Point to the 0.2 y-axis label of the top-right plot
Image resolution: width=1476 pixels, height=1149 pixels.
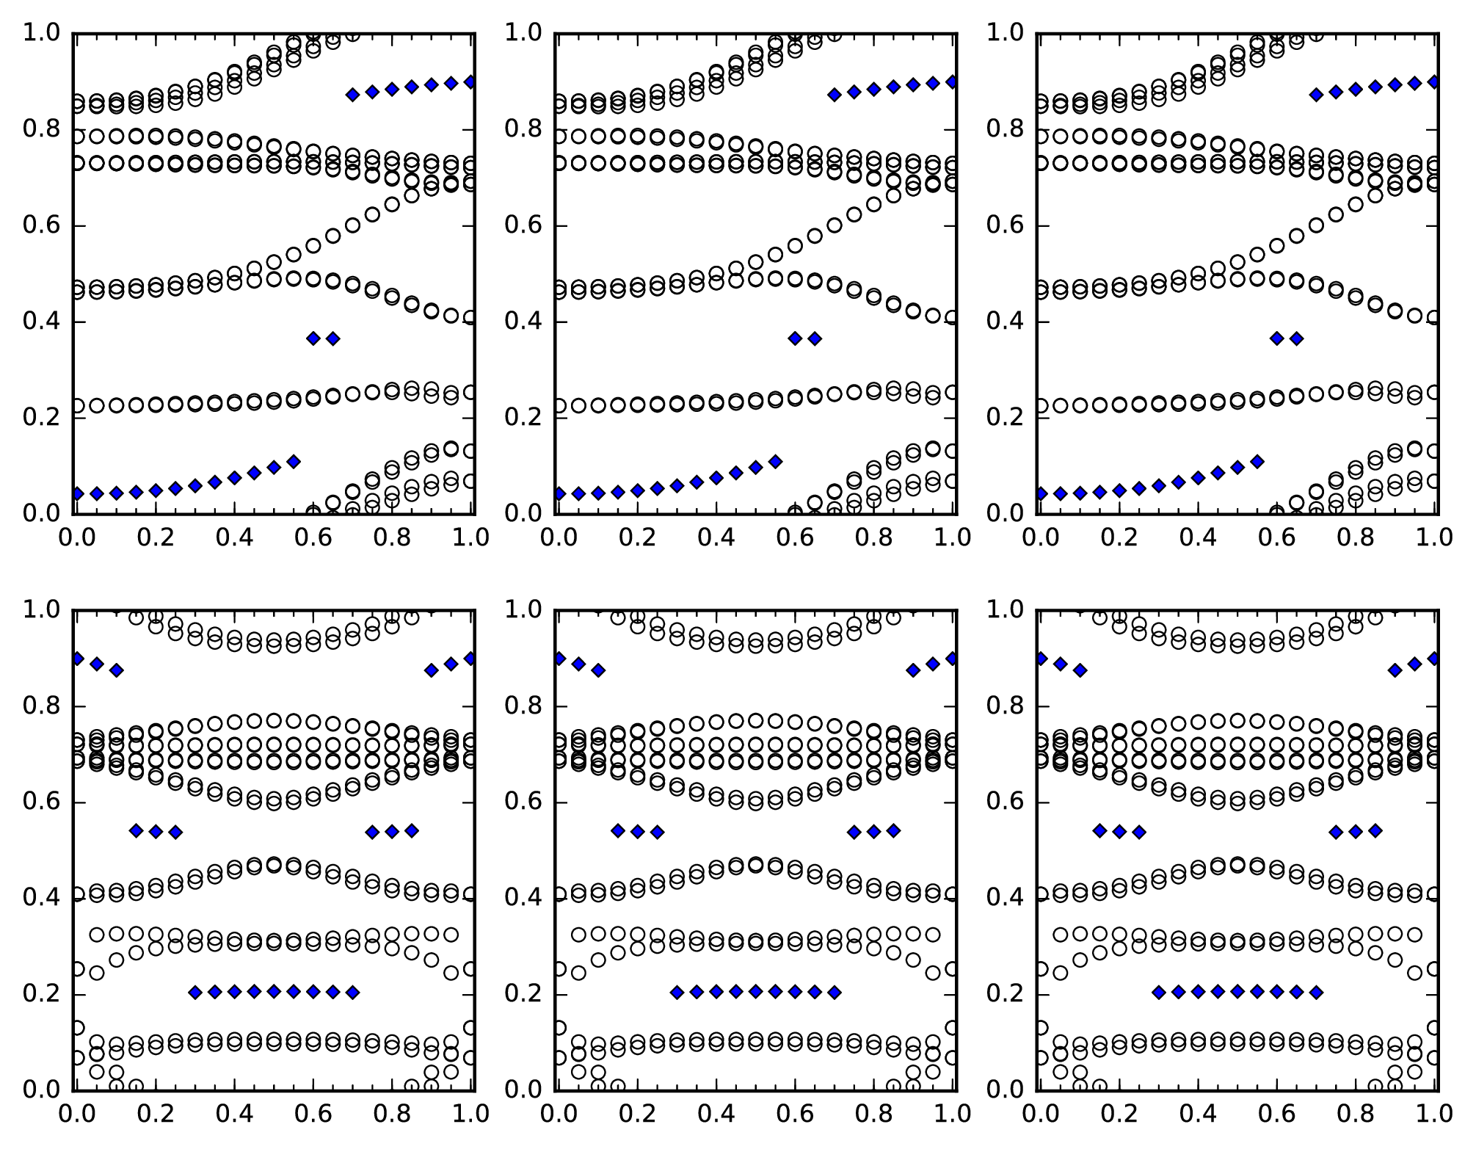tap(1004, 418)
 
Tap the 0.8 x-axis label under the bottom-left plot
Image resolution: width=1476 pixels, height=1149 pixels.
tap(391, 1114)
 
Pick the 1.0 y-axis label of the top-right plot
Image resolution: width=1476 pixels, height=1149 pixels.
tap(1004, 33)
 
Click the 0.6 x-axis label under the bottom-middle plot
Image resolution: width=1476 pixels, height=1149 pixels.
tap(796, 1114)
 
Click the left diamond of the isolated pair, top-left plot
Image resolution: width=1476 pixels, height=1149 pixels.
tap(313, 338)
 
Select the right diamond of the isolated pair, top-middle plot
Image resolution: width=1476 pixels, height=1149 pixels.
tap(815, 338)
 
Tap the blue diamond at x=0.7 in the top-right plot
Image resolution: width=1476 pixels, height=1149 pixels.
tap(1316, 95)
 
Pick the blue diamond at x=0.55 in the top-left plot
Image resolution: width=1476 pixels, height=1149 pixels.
tap(294, 462)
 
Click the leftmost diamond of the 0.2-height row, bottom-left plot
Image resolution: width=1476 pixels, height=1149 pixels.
tap(195, 993)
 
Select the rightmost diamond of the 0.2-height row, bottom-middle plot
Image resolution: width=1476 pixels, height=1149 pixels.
tap(835, 993)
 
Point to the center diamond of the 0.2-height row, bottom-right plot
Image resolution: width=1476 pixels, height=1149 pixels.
tap(1237, 992)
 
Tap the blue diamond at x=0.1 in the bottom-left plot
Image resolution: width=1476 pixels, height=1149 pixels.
tap(116, 670)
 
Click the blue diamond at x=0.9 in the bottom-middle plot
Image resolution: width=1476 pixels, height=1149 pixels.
tap(913, 670)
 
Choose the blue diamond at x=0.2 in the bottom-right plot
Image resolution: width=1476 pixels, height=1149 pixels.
tap(1119, 832)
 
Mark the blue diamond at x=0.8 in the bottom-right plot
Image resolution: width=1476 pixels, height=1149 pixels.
tap(1356, 832)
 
